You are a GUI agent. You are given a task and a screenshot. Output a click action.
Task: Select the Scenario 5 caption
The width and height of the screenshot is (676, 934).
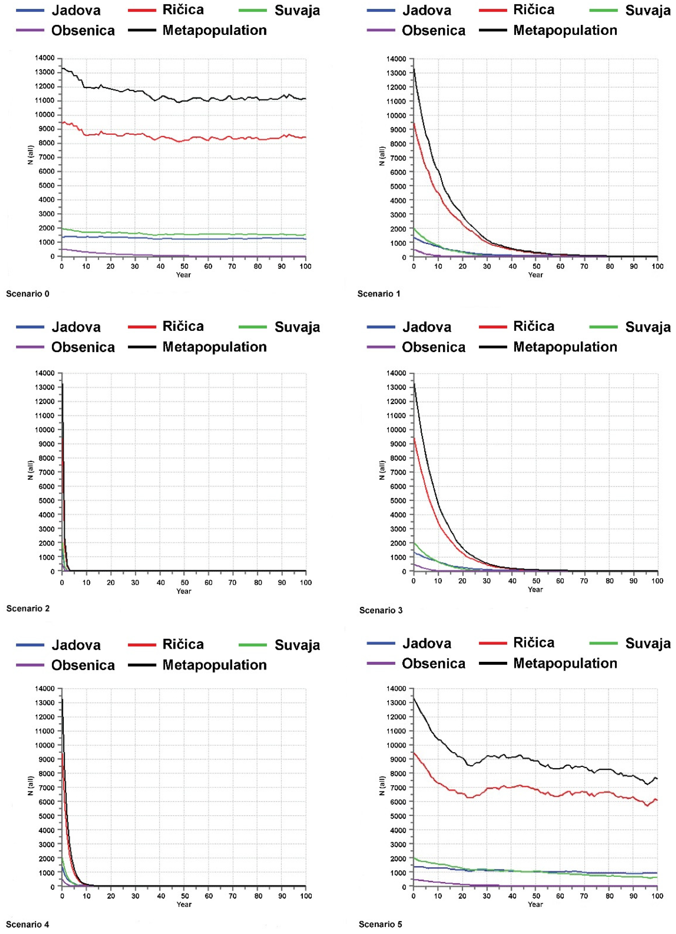pyautogui.click(x=380, y=924)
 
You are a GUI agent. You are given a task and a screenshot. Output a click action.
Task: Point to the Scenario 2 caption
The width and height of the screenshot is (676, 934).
pyautogui.click(x=28, y=608)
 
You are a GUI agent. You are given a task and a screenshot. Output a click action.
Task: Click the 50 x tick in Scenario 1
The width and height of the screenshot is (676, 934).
pyautogui.click(x=536, y=266)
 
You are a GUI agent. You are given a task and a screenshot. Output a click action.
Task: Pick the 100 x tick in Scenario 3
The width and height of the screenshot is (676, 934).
pyautogui.click(x=657, y=581)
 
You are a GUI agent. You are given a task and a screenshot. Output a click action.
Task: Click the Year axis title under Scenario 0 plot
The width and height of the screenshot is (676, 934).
pyautogui.click(x=184, y=275)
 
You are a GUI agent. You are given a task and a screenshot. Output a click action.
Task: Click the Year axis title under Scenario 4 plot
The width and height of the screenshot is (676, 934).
pyautogui.click(x=184, y=904)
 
